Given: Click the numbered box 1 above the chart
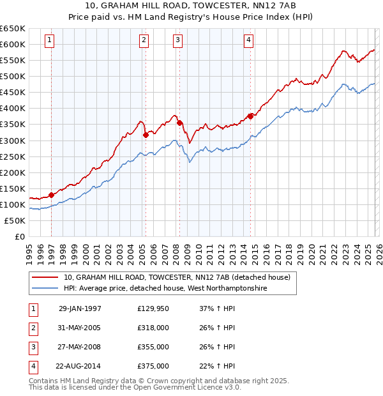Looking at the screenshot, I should point(50,40).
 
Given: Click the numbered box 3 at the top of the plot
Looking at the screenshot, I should point(177,40).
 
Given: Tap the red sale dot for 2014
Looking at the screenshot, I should point(250,116).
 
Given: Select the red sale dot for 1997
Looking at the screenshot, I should point(51,195).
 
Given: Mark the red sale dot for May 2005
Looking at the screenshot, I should point(146,135).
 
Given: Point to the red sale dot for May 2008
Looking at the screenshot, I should point(179,123).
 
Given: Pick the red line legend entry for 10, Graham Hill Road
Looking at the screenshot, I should point(177,277).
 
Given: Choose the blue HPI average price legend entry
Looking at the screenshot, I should point(165,289).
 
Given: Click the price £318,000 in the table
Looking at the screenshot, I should point(153,328).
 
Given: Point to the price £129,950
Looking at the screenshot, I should point(153,308).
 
